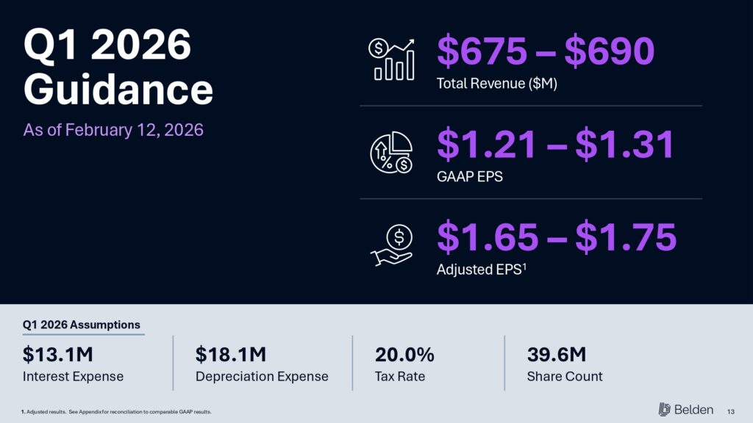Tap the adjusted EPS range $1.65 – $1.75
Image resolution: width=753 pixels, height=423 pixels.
click(x=556, y=237)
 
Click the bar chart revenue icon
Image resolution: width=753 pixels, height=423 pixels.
click(x=390, y=60)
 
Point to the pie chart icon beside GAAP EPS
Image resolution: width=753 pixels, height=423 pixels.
click(x=390, y=153)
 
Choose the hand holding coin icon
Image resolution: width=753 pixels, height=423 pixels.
click(x=390, y=247)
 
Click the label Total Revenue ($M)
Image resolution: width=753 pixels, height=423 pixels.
click(x=497, y=84)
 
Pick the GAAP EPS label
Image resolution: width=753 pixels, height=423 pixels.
click(x=470, y=176)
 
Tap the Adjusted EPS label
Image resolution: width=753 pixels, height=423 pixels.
click(x=482, y=270)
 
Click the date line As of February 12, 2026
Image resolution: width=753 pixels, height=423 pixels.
click(x=113, y=130)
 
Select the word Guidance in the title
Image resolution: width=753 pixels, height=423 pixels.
click(x=118, y=90)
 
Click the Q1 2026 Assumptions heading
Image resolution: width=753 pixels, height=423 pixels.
click(x=82, y=325)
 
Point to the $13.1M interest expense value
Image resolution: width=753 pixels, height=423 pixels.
click(x=58, y=355)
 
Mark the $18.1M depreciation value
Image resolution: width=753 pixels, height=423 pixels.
click(x=231, y=355)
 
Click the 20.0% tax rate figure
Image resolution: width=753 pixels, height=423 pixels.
click(x=404, y=355)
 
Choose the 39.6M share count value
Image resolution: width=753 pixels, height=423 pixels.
click(x=557, y=355)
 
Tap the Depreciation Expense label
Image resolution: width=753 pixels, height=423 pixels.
click(x=262, y=377)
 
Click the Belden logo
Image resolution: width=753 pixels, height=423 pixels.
click(x=685, y=409)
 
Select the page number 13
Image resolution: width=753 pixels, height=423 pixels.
click(x=731, y=410)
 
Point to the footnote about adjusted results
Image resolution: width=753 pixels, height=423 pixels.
click(x=117, y=411)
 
